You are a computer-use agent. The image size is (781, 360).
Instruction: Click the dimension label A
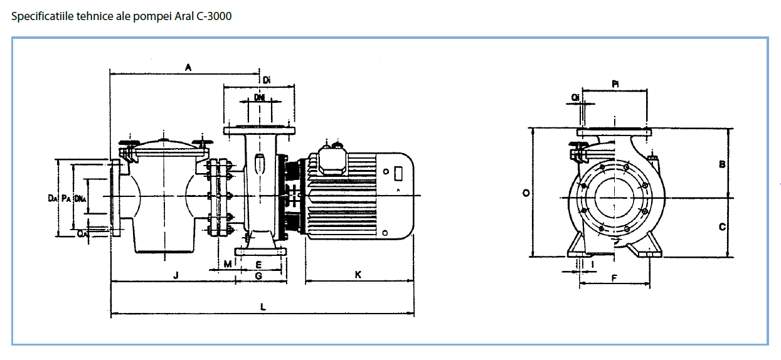(188, 67)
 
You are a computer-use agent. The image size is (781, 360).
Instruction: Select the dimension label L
(263, 307)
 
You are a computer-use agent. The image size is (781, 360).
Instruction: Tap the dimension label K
(358, 275)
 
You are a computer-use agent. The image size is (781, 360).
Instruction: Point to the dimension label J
(176, 275)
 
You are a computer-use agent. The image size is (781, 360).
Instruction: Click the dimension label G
(258, 276)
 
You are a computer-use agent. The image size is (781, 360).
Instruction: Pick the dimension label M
(228, 264)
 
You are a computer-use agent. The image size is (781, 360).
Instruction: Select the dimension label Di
(267, 80)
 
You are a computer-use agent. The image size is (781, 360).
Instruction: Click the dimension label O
(526, 193)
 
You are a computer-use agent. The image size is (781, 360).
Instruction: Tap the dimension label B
(723, 164)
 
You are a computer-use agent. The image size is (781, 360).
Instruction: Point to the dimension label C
(723, 227)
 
